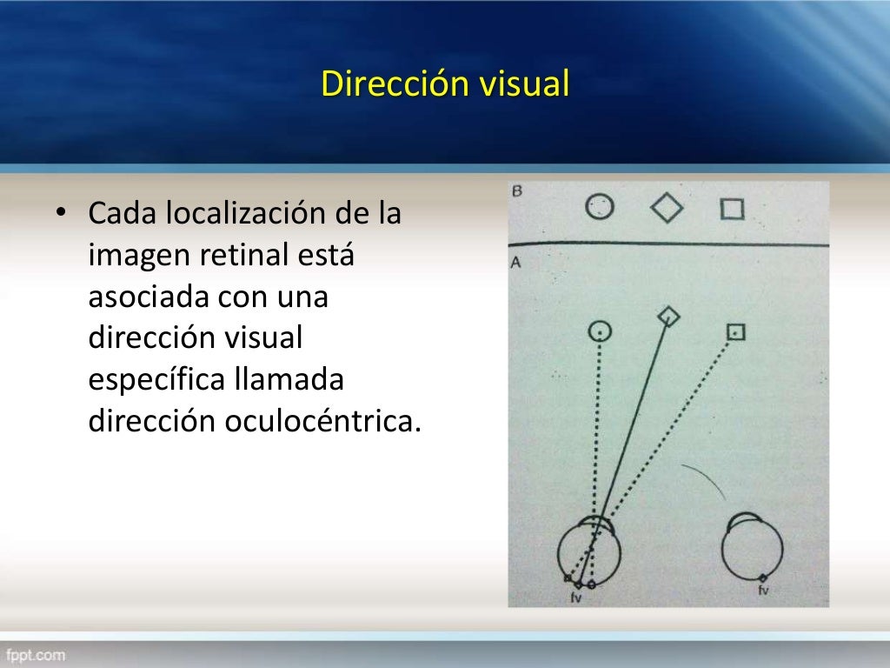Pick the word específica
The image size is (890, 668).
(156, 380)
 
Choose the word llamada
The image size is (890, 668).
(289, 380)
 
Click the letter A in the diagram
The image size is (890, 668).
(515, 261)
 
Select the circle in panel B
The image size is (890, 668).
(600, 207)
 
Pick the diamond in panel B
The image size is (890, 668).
(667, 208)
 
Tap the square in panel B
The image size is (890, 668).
(732, 210)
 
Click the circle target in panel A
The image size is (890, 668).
(600, 331)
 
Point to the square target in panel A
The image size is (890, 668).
(736, 331)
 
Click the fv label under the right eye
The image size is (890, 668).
(763, 591)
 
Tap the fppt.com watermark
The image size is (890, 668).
(35, 654)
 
